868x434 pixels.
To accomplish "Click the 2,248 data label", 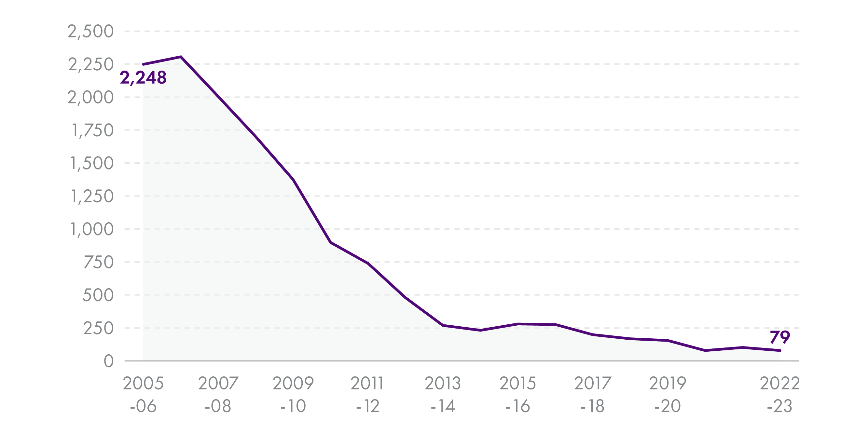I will [143, 78].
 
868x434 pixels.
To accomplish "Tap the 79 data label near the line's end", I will [780, 337].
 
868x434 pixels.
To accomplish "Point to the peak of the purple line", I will [181, 57].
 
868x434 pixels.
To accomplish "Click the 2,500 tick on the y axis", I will [91, 32].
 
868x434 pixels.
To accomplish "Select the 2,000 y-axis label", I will [91, 98].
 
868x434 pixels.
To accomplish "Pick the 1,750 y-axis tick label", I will [93, 130].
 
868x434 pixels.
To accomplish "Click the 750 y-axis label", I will [98, 262].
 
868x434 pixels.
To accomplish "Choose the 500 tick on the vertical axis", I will [98, 295].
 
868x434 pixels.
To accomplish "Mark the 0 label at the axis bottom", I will [108, 361].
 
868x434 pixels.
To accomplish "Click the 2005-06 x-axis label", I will [143, 394].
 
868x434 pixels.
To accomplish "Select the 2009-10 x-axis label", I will [293, 394].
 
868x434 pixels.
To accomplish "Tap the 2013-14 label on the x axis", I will [442, 394].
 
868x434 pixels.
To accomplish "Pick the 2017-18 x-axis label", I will [592, 394].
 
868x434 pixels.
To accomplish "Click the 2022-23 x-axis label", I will [779, 394].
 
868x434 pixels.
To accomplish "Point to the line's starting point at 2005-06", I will [144, 64].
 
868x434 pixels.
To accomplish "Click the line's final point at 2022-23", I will [780, 350].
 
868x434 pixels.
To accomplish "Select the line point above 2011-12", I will [368, 264].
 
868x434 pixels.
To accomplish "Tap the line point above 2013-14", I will [443, 325].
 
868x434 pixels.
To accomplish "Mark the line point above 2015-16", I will [517, 324].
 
